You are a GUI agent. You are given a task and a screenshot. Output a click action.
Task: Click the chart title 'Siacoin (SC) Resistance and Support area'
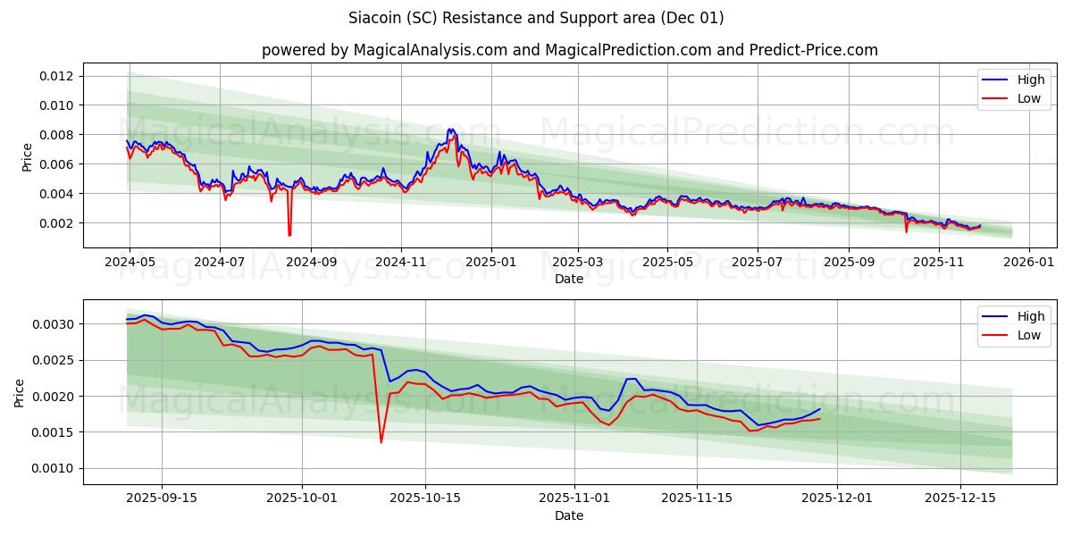(x=536, y=18)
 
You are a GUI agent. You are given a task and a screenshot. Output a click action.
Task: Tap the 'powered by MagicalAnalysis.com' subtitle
(x=569, y=50)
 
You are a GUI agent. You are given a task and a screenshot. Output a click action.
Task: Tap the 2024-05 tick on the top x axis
(x=130, y=263)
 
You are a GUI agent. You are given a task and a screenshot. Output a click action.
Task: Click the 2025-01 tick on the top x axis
(x=490, y=263)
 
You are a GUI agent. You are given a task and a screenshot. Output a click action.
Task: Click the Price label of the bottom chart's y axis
(x=21, y=392)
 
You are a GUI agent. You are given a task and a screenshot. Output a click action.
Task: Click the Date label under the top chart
(x=569, y=279)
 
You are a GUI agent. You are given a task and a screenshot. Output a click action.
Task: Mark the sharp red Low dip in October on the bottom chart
(x=381, y=441)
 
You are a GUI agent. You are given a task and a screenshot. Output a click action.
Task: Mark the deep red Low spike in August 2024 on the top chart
(x=289, y=234)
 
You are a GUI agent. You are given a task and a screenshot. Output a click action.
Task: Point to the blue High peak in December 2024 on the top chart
(x=450, y=130)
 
